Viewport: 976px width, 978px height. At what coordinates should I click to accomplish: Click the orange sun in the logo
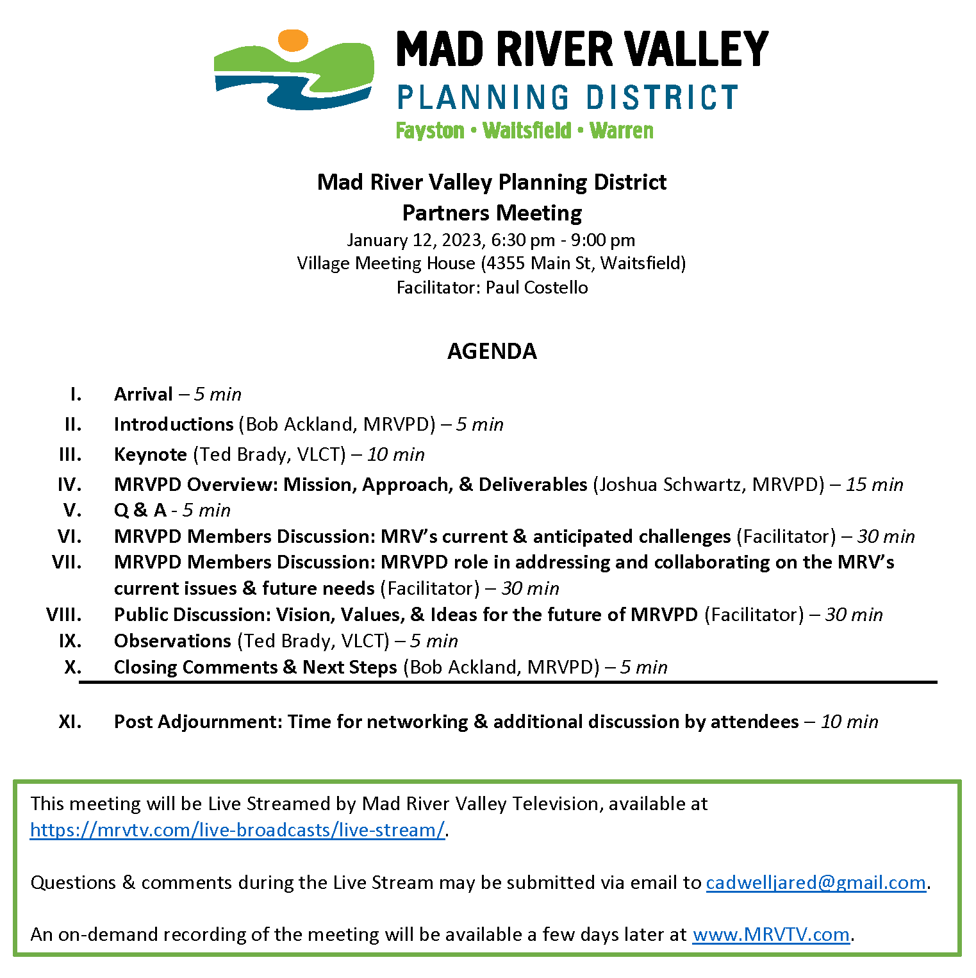293,40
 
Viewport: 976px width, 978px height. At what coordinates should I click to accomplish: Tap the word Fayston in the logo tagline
429,131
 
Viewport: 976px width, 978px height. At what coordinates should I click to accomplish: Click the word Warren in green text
621,131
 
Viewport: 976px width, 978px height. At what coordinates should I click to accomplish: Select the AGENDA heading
492,351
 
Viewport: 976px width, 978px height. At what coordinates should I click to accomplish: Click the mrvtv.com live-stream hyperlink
237,830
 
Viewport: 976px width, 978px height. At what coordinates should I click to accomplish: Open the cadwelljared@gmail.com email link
816,883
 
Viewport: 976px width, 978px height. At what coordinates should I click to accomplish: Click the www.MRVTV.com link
771,934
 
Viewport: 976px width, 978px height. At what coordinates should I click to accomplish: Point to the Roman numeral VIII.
64,615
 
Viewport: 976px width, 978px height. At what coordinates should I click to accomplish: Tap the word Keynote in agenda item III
151,454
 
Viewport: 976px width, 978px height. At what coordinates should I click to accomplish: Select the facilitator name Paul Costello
536,287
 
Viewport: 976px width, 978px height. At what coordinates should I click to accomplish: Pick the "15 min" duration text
874,485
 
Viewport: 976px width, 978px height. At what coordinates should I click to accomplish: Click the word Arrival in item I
144,394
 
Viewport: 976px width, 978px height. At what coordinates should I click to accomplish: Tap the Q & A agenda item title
140,510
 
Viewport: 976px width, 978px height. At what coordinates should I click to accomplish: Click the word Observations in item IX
172,641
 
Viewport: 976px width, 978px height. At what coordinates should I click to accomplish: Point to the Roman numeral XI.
70,722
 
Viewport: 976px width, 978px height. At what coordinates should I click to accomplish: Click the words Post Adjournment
198,722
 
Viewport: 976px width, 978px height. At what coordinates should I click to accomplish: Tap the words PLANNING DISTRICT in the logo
567,97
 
